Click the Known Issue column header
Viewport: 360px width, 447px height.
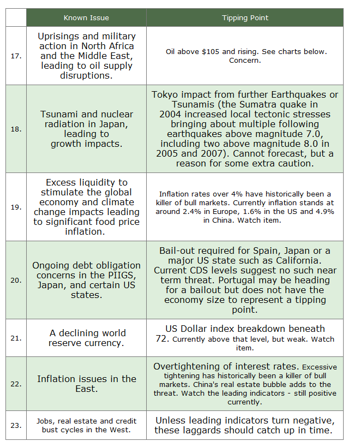point(86,18)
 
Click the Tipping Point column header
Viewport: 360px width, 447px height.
point(245,18)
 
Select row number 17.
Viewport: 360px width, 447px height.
point(16,56)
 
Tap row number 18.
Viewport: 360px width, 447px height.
point(16,129)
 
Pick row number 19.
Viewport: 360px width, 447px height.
point(16,207)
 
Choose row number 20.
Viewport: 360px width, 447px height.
point(16,280)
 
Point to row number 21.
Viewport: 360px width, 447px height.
point(16,338)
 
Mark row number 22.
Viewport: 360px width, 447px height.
point(16,384)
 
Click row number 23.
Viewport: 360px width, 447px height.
point(16,425)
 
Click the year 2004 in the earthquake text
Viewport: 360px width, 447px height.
point(172,115)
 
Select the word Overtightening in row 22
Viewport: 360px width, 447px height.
point(189,366)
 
